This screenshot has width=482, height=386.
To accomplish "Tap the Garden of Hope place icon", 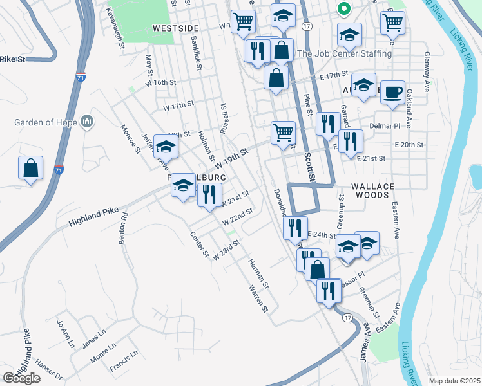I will [88, 122].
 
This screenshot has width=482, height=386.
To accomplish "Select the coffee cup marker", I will [392, 93].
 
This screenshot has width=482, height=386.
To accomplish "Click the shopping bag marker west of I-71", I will [30, 169].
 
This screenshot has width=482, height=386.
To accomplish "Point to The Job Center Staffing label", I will [344, 53].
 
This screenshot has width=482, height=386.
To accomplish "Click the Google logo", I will [21, 378].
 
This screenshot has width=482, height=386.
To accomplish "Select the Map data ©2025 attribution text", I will [454, 381].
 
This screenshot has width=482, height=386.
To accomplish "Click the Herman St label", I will [259, 273].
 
